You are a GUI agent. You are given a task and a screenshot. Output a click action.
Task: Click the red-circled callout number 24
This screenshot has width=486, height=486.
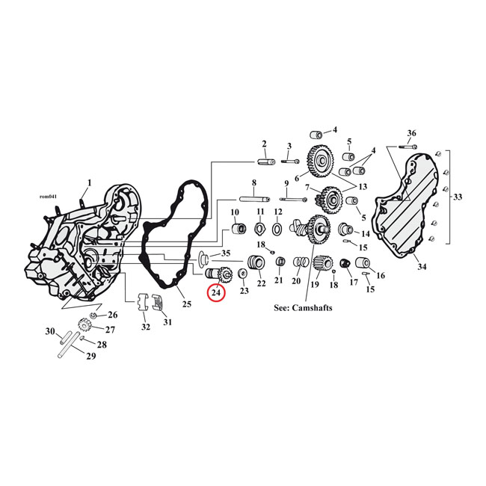pos(216,294)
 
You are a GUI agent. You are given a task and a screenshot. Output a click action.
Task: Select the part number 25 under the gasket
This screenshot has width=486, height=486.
pos(186,304)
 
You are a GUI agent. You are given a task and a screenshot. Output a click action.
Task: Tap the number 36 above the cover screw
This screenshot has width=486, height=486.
pos(411,133)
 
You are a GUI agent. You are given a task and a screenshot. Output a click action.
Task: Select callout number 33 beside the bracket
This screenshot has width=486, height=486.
pos(458,197)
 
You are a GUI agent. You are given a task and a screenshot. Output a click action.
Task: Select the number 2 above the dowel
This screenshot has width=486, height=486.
pos(264,144)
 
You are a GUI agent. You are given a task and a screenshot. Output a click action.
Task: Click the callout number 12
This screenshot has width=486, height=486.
pos(277,212)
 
